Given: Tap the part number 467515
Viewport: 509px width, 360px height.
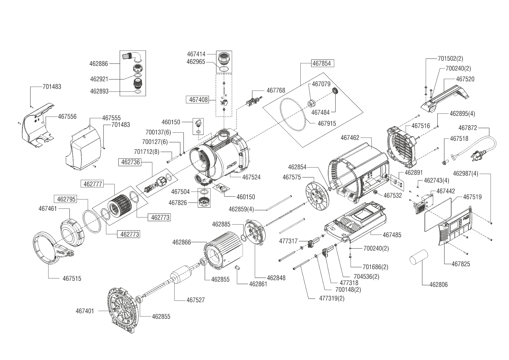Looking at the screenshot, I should [x=72, y=279].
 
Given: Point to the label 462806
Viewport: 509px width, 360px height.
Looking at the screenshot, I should [x=438, y=285].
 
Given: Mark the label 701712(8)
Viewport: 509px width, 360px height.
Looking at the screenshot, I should [x=147, y=152].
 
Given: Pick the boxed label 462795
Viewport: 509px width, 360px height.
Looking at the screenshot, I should [x=66, y=199].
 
